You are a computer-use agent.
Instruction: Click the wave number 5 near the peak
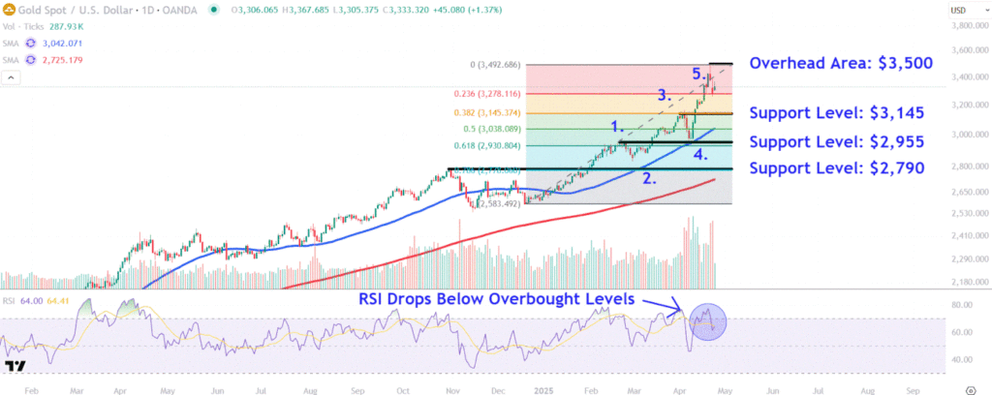(x=697, y=74)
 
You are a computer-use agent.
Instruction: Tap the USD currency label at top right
(x=959, y=10)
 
